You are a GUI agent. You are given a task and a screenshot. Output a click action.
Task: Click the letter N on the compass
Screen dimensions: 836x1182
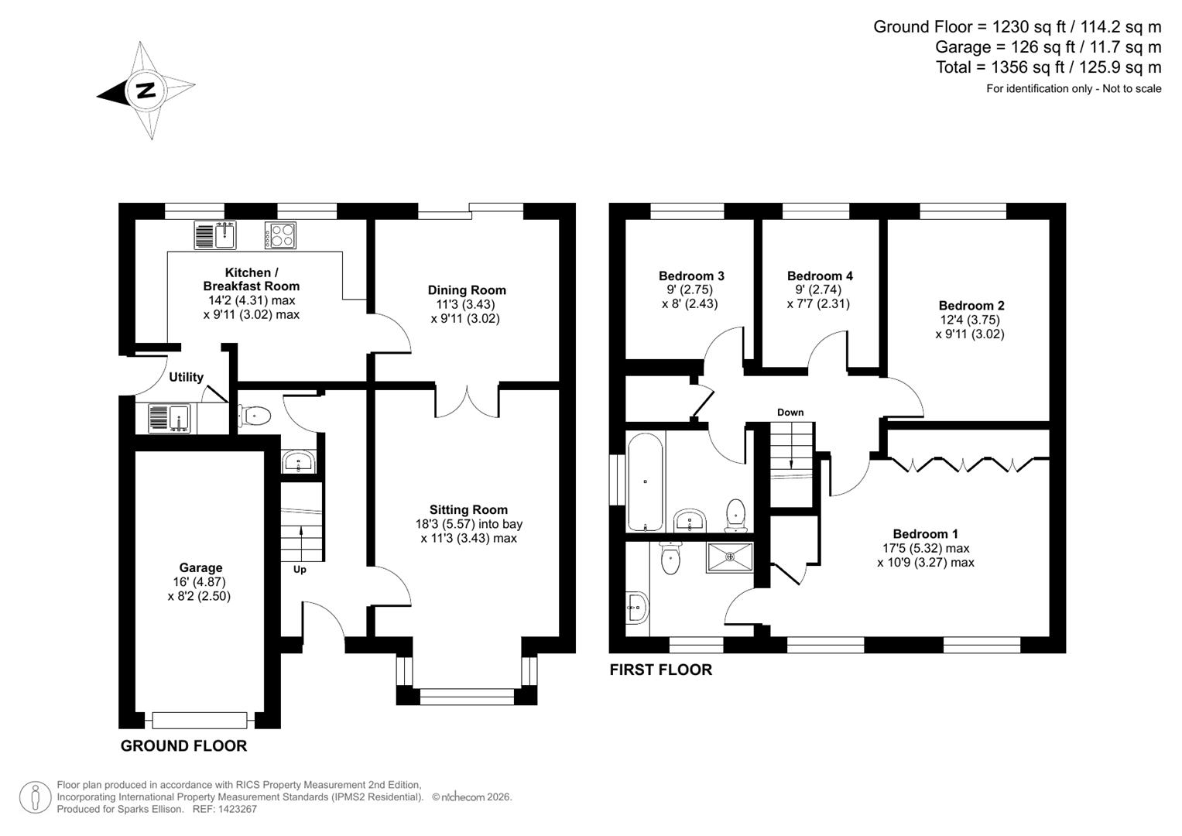[146, 91]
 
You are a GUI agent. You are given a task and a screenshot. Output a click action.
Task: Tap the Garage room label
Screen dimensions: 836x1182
[200, 567]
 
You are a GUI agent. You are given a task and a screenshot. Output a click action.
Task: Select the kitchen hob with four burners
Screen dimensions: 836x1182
[280, 235]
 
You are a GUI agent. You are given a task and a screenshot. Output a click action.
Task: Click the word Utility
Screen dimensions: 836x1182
[186, 377]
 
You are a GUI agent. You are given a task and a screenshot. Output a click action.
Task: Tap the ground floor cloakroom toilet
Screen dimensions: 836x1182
[255, 416]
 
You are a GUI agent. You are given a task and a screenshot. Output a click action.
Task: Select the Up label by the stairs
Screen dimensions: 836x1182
[300, 570]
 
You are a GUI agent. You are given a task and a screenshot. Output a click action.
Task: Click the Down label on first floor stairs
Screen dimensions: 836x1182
[790, 413]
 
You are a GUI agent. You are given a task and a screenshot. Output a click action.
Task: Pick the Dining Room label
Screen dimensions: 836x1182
[467, 290]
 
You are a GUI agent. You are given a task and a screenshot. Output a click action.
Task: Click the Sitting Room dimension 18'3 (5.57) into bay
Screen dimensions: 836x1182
[468, 524]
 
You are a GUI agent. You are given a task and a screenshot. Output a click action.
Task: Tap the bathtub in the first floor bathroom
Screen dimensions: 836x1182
[645, 482]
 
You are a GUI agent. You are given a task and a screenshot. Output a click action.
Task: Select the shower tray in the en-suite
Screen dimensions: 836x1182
[729, 557]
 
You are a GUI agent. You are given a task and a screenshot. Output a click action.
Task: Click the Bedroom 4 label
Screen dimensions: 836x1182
[820, 276]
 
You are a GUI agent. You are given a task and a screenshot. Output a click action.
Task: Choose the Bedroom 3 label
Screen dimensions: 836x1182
[691, 276]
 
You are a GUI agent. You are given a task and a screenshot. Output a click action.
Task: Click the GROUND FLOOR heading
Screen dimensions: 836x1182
[183, 746]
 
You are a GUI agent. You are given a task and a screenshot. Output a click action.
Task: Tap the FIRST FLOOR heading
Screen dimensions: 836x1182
[660, 670]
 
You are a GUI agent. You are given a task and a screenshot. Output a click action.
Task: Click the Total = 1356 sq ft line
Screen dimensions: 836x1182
[1048, 67]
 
